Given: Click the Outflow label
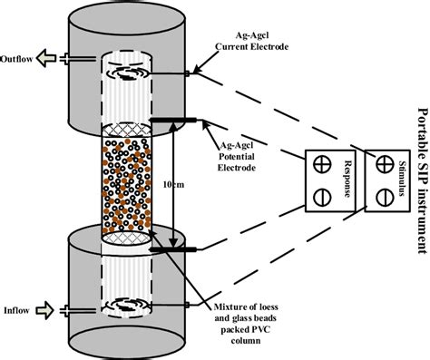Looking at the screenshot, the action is [x=16, y=59].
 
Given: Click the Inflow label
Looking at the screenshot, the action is [x=16, y=310].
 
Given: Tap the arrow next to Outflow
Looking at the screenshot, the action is [x=46, y=58].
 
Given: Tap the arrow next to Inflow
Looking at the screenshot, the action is [x=44, y=310].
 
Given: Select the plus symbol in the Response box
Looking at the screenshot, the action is [x=322, y=164].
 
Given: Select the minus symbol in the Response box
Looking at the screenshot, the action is [x=322, y=198].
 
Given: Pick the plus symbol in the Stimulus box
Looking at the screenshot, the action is [x=385, y=164].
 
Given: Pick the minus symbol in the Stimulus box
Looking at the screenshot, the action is [x=385, y=198].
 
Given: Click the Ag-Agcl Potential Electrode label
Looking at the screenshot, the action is [x=237, y=156].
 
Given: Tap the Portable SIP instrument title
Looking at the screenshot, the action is [x=423, y=181].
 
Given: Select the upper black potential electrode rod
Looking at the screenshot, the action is [x=173, y=121].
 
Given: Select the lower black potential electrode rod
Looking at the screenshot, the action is [x=173, y=249].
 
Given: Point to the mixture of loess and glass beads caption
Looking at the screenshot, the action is [x=246, y=324].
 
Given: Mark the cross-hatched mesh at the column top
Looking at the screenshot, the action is [x=126, y=130].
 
